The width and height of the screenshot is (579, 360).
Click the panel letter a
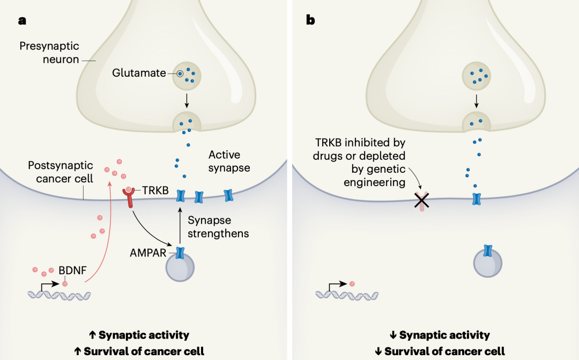[22, 21]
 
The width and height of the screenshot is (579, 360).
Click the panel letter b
[310, 20]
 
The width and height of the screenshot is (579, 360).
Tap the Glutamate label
[139, 74]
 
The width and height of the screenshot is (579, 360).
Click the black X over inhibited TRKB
[422, 201]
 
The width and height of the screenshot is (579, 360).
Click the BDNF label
[76, 271]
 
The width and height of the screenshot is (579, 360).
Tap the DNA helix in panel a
[60, 295]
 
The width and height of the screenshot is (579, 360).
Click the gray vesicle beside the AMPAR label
[180, 267]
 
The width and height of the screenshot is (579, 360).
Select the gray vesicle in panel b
[487, 263]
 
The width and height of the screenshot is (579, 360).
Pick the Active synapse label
[229, 161]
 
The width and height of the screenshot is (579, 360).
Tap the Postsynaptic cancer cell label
[61, 172]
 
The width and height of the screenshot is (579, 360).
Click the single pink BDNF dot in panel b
[352, 283]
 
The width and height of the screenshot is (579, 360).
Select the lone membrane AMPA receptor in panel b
[475, 200]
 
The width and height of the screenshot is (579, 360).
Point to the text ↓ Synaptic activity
[440, 335]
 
